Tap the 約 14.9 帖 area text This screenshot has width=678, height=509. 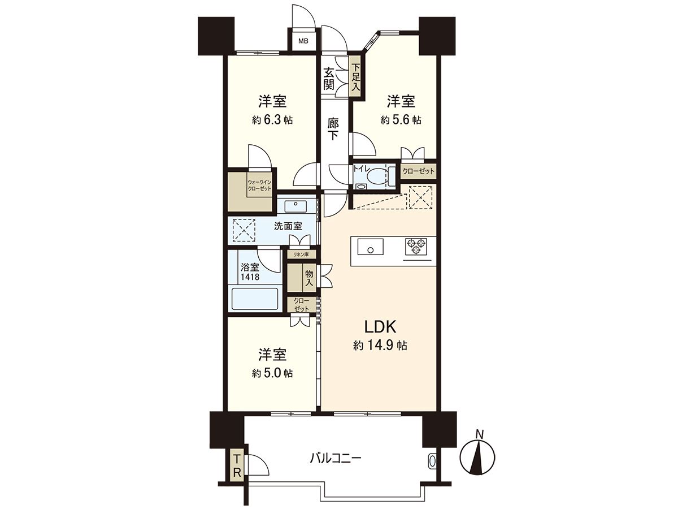[380, 345]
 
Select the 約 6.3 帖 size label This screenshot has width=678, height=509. [272, 120]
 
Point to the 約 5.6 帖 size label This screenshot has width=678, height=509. [401, 120]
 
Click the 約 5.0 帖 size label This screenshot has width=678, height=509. [272, 373]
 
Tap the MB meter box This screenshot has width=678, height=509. [303, 41]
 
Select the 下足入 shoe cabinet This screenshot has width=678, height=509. [355, 78]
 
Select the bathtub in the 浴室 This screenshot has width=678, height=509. [255, 298]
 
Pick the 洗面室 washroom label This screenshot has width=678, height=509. [288, 226]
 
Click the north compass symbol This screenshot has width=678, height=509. [477, 455]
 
